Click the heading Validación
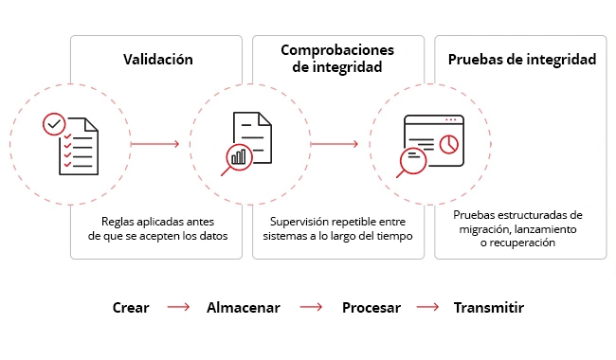coord(158,60)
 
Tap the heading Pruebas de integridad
coord(521,60)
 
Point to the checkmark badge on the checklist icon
coord(55,124)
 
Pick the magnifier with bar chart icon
coord(237,158)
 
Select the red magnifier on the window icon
coord(412,161)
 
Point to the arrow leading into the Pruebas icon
coord(335,144)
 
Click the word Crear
coord(130,308)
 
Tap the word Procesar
coord(371,308)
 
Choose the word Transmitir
coord(488,308)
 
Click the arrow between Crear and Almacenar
coord(179,308)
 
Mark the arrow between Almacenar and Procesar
coord(311,308)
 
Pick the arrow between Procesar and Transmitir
coord(428,308)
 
